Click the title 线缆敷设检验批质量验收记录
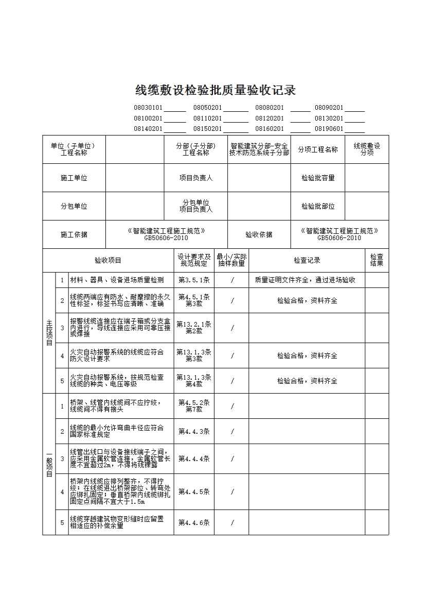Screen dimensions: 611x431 pyautogui.click(x=215, y=90)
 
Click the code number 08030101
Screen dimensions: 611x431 pyautogui.click(x=148, y=108)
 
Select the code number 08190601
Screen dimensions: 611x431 pyautogui.click(x=329, y=129)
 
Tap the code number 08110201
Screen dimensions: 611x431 pyautogui.click(x=207, y=118)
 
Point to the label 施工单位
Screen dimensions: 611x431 pyautogui.click(x=74, y=178)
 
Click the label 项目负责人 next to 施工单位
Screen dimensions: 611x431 pyautogui.click(x=196, y=178)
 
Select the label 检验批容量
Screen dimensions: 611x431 pyautogui.click(x=318, y=178)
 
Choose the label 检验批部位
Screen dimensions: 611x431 pyautogui.click(x=318, y=206)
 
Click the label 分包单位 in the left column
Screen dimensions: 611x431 pyautogui.click(x=74, y=206)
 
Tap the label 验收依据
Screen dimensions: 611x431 pyautogui.click(x=259, y=234)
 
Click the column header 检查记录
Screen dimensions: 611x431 pyautogui.click(x=307, y=260)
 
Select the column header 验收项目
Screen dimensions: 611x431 pyautogui.click(x=108, y=260)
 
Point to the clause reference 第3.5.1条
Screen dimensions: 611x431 pyautogui.click(x=194, y=280)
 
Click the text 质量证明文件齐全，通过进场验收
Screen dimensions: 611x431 pyautogui.click(x=305, y=280)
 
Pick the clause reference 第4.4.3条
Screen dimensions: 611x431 pyautogui.click(x=194, y=432)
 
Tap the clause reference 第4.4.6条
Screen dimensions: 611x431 pyautogui.click(x=194, y=522)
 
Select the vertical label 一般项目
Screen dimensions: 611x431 pyautogui.click(x=49, y=464)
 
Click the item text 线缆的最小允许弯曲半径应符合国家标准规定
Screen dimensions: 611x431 pyautogui.click(x=117, y=431)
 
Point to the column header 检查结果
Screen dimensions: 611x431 pyautogui.click(x=376, y=260)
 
